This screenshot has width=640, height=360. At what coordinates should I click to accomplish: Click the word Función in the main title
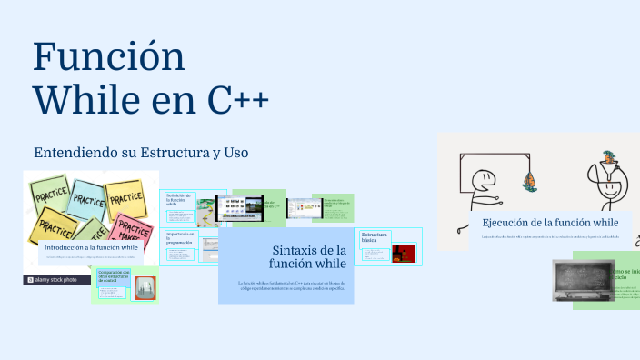109,56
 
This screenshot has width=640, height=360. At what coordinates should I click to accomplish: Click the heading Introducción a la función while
91,246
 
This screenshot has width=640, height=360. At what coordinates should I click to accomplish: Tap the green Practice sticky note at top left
50,192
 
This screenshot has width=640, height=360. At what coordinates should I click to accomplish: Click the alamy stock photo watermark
57,280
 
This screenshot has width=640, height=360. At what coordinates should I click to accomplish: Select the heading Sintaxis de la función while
309,256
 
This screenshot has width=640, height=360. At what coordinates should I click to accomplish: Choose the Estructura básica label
374,240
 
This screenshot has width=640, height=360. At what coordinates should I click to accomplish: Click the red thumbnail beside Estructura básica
403,254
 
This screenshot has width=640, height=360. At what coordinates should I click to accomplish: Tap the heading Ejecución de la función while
550,223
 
